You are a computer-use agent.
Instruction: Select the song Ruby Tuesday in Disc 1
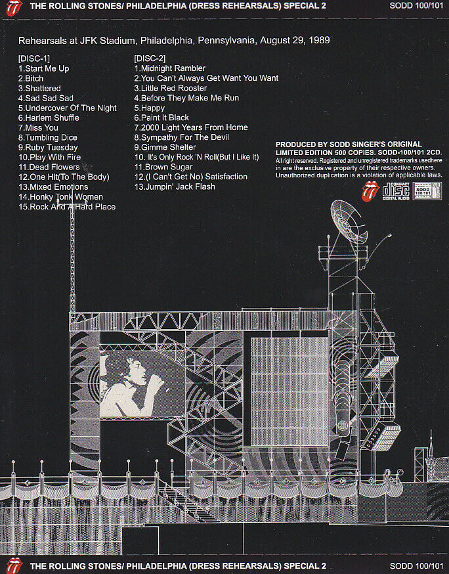coord(47,147)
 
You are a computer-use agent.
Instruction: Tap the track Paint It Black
coord(161,118)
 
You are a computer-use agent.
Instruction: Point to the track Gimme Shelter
coord(165,147)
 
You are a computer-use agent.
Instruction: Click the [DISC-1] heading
coord(33,58)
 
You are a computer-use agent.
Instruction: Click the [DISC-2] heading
coord(150,58)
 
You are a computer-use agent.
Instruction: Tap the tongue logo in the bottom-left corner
coord(12,565)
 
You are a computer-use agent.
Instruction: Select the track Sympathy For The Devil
coord(182,137)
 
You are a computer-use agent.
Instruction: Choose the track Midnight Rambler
coord(170,68)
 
